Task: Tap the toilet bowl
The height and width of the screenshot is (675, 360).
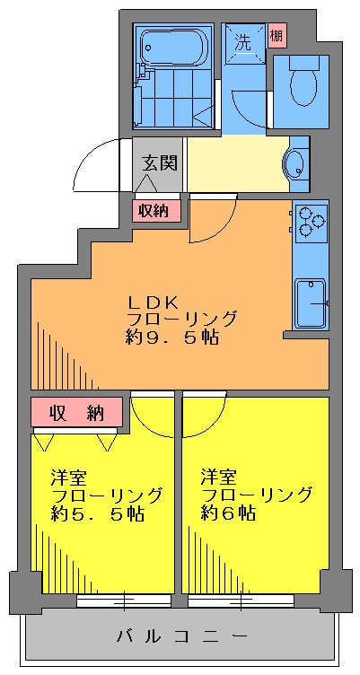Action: pyautogui.click(x=303, y=81)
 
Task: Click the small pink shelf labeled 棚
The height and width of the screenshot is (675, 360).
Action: pyautogui.click(x=276, y=35)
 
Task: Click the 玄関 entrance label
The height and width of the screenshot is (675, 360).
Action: pyautogui.click(x=158, y=163)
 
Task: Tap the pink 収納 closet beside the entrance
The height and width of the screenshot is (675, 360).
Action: pyautogui.click(x=156, y=211)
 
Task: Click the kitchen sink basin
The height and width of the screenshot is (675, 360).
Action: pyautogui.click(x=311, y=303)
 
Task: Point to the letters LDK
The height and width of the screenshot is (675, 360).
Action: pyautogui.click(x=152, y=302)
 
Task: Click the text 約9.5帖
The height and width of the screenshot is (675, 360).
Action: pyautogui.click(x=171, y=337)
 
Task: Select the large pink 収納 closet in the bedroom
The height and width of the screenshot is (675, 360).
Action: pyautogui.click(x=76, y=412)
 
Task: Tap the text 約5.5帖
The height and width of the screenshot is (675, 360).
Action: pyautogui.click(x=96, y=514)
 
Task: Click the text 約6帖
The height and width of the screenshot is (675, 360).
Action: pyautogui.click(x=228, y=513)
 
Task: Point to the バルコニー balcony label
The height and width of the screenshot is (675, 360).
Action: pyautogui.click(x=181, y=636)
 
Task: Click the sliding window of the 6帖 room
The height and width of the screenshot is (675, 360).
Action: pyautogui.click(x=241, y=600)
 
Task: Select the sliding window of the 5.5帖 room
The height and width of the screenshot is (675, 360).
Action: pyautogui.click(x=125, y=600)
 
